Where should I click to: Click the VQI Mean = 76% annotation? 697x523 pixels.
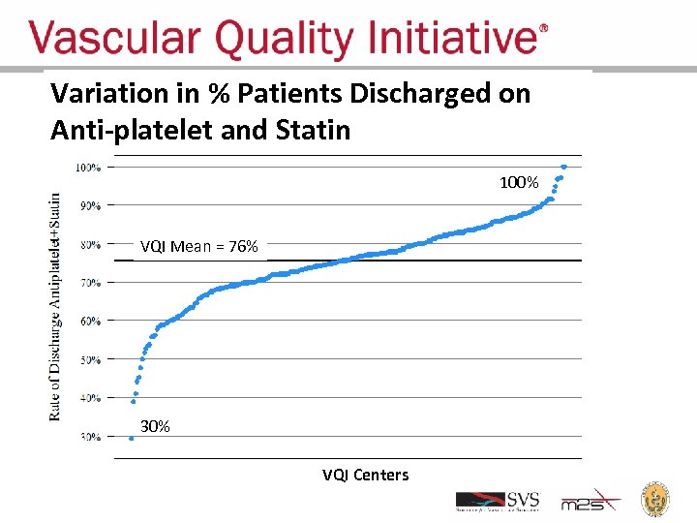tap(198, 247)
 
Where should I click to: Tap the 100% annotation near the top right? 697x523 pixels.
tap(519, 182)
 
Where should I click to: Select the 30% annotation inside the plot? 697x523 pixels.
tap(155, 426)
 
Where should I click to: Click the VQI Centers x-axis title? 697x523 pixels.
tap(365, 475)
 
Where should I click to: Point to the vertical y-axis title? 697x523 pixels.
tap(55, 305)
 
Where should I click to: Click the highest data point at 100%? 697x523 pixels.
tap(564, 167)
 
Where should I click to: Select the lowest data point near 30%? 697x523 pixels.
tap(132, 438)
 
